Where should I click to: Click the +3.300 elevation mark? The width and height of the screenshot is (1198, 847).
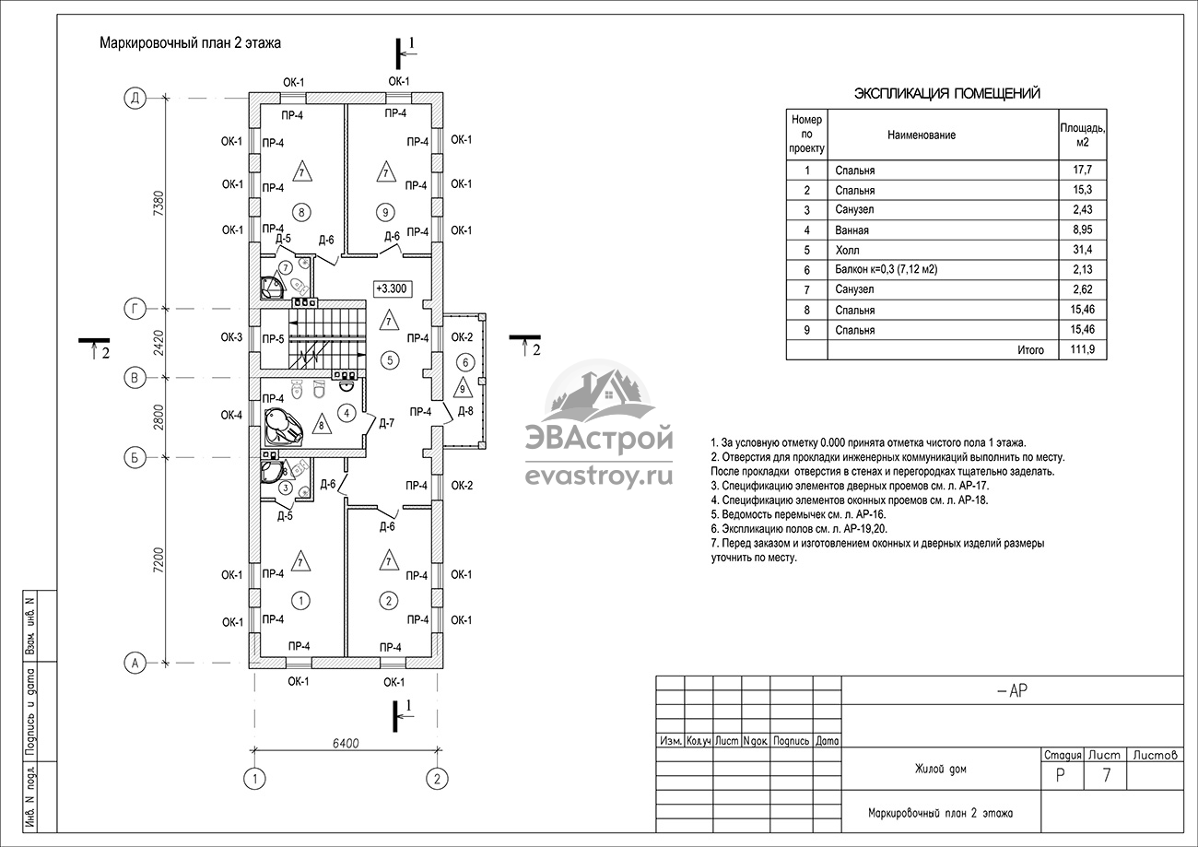[x=393, y=288]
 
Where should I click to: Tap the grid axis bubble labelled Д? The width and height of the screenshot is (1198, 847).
[x=135, y=99]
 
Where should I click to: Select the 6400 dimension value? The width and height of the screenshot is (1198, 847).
[x=346, y=743]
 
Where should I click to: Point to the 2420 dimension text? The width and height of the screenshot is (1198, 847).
[x=159, y=343]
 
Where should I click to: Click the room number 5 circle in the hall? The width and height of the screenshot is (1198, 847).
[x=390, y=360]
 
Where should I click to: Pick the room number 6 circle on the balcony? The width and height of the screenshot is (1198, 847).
[x=465, y=363]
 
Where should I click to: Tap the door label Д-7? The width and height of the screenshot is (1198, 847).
[x=387, y=424]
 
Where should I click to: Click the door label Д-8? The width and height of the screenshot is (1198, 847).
[x=465, y=411]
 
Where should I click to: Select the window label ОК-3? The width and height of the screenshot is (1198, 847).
[x=231, y=337]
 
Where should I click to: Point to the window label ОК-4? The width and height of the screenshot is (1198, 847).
[x=231, y=415]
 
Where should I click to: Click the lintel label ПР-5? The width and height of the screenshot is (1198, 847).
[x=274, y=339]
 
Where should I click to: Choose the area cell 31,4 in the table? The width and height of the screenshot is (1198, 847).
[x=1083, y=250]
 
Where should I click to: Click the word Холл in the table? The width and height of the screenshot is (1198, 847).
[x=848, y=251]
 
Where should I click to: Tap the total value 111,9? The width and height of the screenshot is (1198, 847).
[x=1083, y=349]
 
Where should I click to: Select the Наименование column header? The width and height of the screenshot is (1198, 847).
[x=922, y=135]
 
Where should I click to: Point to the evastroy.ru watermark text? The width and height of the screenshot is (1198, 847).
[x=599, y=476]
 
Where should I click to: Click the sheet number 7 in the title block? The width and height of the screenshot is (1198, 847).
[x=1107, y=775]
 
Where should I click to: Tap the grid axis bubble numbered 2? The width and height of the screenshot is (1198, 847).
[x=437, y=779]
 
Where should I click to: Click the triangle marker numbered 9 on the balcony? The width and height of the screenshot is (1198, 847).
[x=464, y=388]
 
